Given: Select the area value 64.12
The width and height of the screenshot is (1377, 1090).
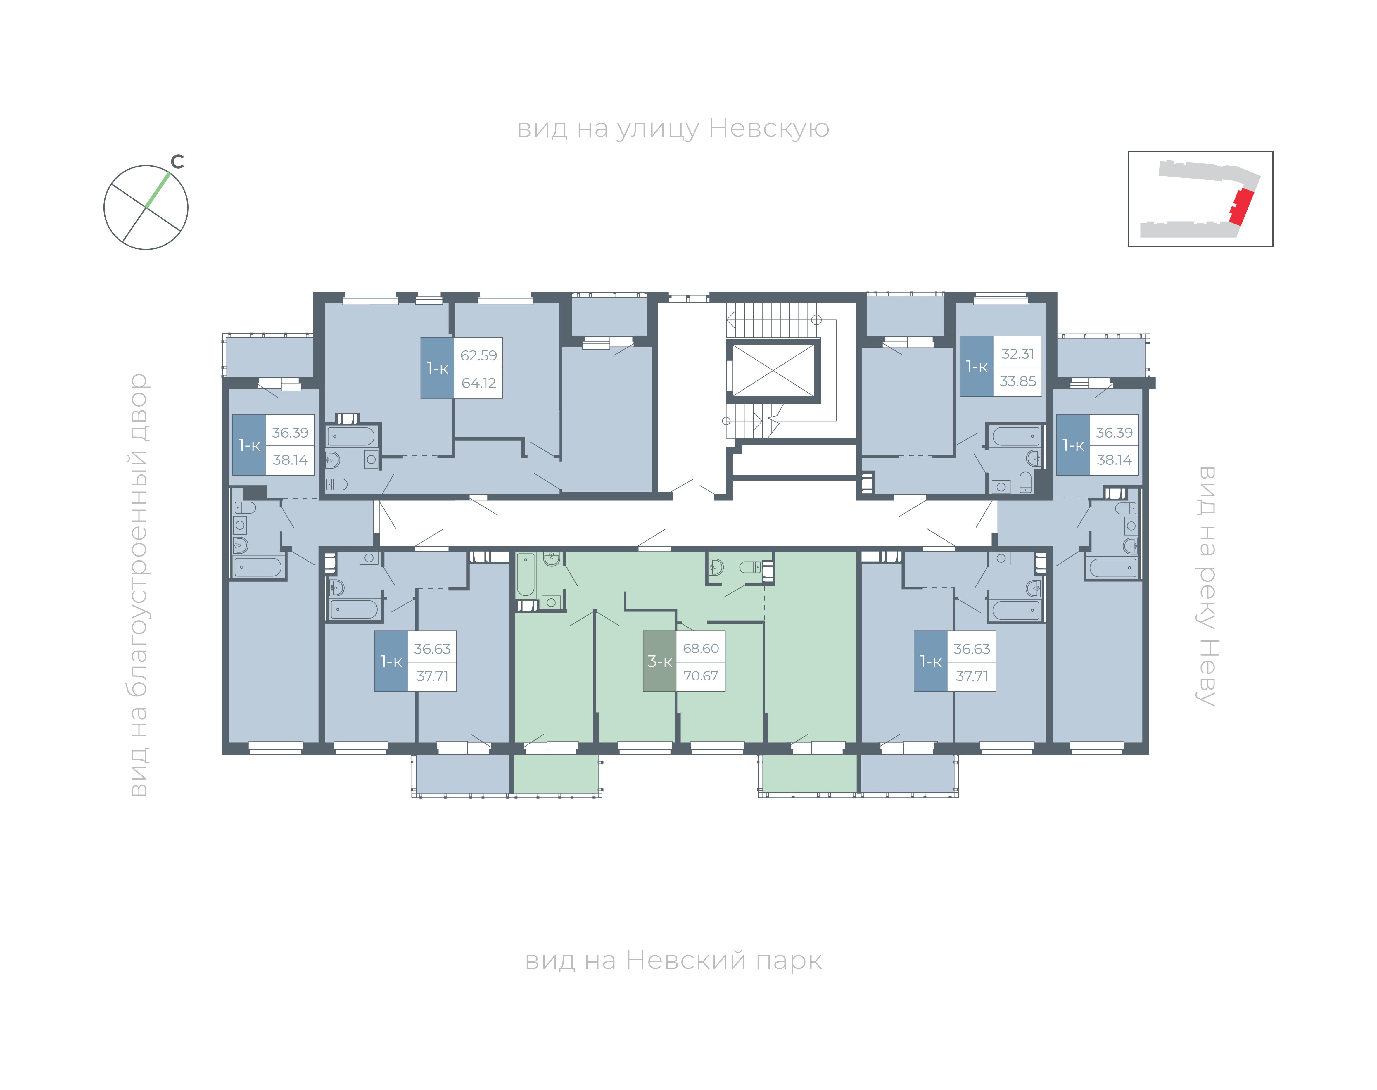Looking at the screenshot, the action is tap(478, 383).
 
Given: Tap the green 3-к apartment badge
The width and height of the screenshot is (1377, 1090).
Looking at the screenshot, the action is tap(659, 661).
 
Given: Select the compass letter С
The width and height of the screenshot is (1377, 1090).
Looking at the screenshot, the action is tap(177, 162).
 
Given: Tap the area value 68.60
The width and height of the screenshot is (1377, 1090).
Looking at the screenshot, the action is tap(701, 648).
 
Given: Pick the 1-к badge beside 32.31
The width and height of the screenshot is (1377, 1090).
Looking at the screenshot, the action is tap(976, 366).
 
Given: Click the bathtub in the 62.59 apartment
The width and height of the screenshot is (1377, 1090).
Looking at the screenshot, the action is tap(351, 436).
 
